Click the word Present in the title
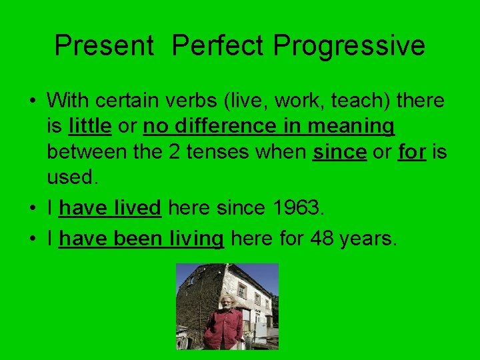click(x=103, y=45)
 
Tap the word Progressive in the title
click(x=349, y=45)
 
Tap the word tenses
click(x=218, y=151)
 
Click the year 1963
click(x=299, y=209)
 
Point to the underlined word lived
click(x=138, y=209)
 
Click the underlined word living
click(x=197, y=239)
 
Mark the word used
click(x=71, y=177)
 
